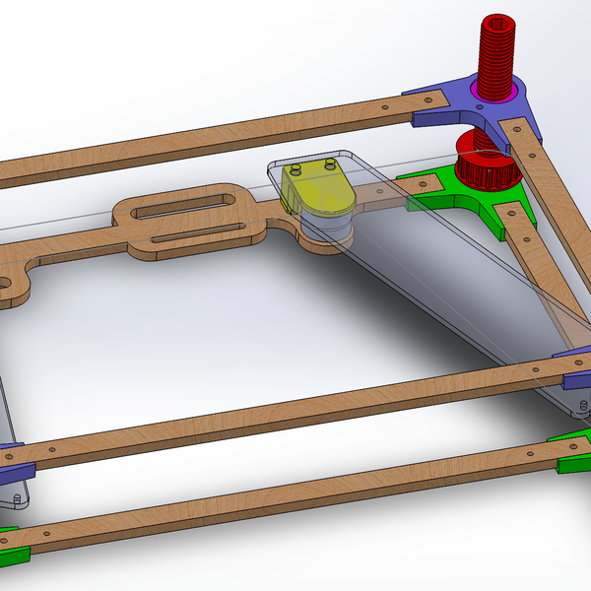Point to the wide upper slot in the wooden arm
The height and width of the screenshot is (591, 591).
(x=183, y=206)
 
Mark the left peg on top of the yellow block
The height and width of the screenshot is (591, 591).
(x=297, y=167)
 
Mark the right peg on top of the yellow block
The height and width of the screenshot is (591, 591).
(x=329, y=158)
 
